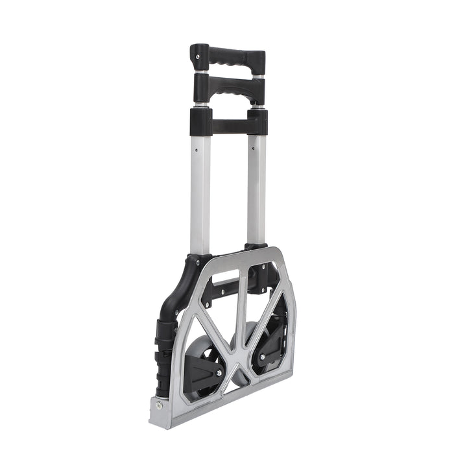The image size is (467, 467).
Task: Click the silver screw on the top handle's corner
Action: click(x=198, y=57)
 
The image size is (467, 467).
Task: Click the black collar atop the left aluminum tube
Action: click(x=200, y=121)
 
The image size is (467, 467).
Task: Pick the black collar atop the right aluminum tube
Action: click(x=257, y=121)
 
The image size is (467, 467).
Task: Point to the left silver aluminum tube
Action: click(x=200, y=195)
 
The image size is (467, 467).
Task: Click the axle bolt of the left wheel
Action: click(x=218, y=373)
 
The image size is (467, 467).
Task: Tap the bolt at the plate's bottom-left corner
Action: click(x=158, y=405)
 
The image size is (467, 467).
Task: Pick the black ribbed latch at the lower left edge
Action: click(x=163, y=357)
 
